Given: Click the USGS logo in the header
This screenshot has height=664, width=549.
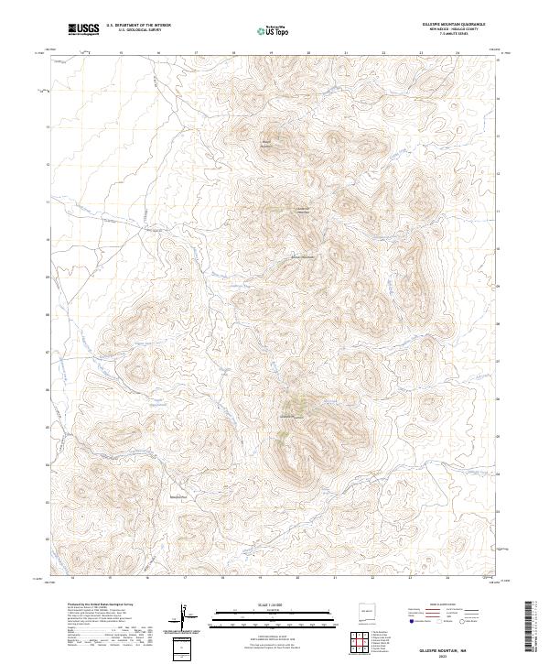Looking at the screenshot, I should point(83,28).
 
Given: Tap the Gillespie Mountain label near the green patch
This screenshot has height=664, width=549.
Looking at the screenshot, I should point(291,418).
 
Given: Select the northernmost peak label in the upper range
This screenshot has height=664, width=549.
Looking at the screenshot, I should point(267,143).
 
